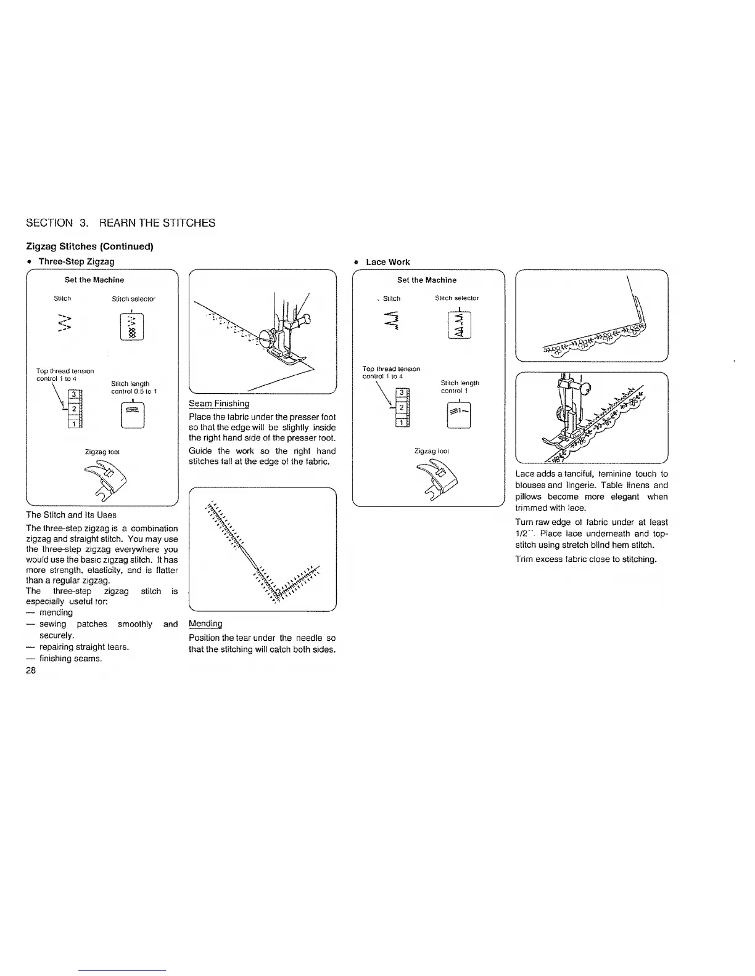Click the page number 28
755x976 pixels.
[31, 670]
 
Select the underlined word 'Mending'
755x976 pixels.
[205, 624]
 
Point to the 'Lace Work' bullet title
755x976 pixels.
[387, 262]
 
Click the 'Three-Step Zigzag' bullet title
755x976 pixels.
[76, 261]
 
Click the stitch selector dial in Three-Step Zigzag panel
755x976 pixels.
[133, 326]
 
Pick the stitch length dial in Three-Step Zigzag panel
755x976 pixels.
[133, 415]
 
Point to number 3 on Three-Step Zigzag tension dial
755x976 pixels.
[73, 394]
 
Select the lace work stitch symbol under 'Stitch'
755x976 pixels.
[391, 322]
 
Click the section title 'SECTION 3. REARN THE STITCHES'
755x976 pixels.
[121, 223]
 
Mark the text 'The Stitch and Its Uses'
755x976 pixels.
[71, 514]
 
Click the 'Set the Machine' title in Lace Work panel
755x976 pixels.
[427, 280]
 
